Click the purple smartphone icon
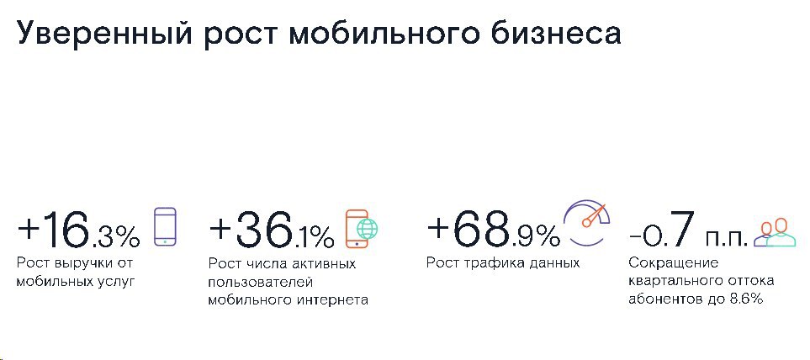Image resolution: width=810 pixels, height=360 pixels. [x=166, y=225]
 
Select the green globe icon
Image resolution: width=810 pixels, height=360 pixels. [x=368, y=228]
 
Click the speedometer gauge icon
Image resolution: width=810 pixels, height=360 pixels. [x=587, y=221]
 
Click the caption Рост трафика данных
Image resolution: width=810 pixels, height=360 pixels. [x=503, y=263]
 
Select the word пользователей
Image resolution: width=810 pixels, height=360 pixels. [x=261, y=283]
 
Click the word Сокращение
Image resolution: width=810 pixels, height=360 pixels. [x=666, y=263]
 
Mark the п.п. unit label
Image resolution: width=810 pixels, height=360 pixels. [x=727, y=237]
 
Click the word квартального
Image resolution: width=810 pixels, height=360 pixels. [x=667, y=282]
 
